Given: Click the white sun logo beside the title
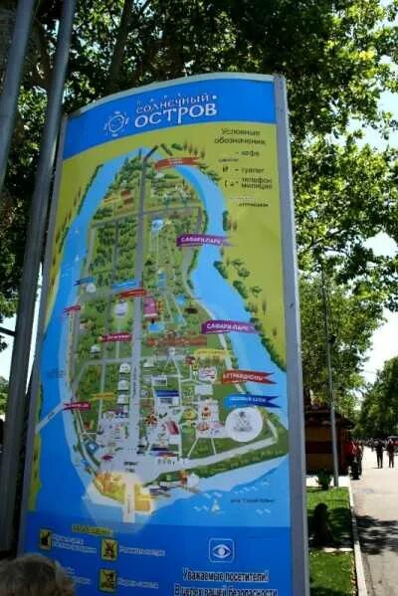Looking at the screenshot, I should [115, 122].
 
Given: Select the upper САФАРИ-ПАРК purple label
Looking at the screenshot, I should [202, 240].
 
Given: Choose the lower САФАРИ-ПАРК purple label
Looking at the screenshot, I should [228, 326].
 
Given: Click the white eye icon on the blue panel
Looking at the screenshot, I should [221, 550].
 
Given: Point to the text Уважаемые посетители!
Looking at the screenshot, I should [226, 574].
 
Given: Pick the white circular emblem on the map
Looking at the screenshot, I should [244, 425].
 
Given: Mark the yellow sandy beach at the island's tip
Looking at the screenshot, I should [117, 488].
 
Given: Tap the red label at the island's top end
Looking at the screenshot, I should [176, 162].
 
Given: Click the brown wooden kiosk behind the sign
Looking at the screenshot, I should [327, 438].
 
